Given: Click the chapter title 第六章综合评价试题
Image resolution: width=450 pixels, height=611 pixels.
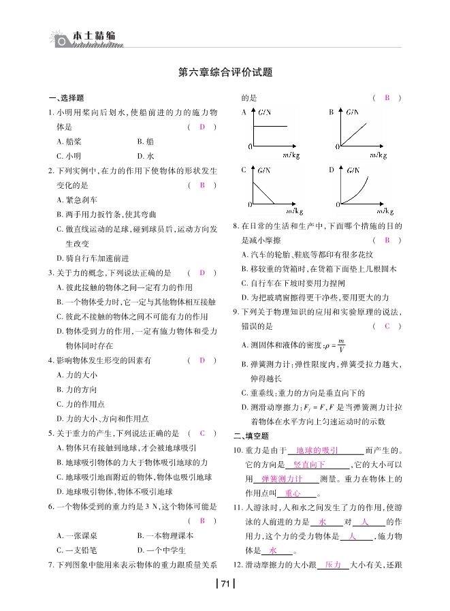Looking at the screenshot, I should (x=225, y=72).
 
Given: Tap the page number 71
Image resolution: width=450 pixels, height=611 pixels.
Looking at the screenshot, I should (x=225, y=582).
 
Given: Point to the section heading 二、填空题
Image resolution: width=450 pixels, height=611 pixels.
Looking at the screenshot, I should (x=251, y=436).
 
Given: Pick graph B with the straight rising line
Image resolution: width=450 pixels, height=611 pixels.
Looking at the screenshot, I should (x=361, y=130).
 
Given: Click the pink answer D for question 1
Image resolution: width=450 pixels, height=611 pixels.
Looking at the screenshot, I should (x=202, y=127).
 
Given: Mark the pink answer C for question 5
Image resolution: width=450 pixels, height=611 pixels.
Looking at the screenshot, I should (x=202, y=433).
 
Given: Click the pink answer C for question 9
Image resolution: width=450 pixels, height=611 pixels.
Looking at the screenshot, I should (x=387, y=326).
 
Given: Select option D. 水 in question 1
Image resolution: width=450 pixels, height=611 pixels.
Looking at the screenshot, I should (x=145, y=156).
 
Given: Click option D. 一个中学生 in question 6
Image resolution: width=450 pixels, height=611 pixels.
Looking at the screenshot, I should (x=161, y=550).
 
